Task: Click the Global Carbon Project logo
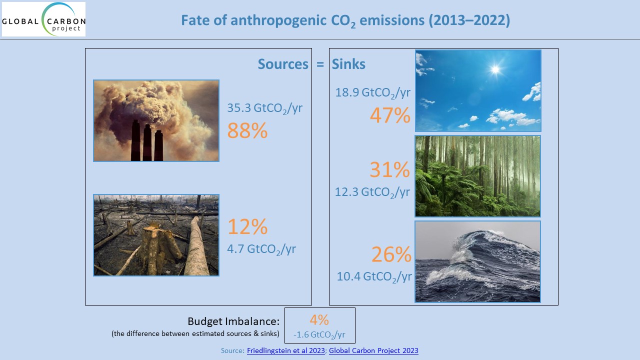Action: (x=43, y=19)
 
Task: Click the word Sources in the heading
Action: (x=283, y=64)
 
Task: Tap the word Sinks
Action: (x=348, y=64)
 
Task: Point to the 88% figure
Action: (x=247, y=130)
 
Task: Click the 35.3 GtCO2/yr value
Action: (x=264, y=108)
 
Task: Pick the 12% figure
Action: (x=247, y=226)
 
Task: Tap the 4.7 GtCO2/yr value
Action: (x=261, y=249)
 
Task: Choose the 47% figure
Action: (x=390, y=115)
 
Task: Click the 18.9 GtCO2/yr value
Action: (x=372, y=93)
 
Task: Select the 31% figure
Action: (x=389, y=169)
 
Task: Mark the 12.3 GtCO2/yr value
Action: (x=372, y=192)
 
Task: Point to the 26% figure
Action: (x=391, y=254)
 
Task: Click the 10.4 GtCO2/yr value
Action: (x=374, y=277)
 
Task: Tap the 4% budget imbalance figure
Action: (x=319, y=319)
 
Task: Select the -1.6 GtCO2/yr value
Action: (x=319, y=334)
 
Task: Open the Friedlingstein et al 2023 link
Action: (x=285, y=350)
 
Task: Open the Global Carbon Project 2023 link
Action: (x=373, y=350)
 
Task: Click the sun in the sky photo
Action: (x=495, y=69)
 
